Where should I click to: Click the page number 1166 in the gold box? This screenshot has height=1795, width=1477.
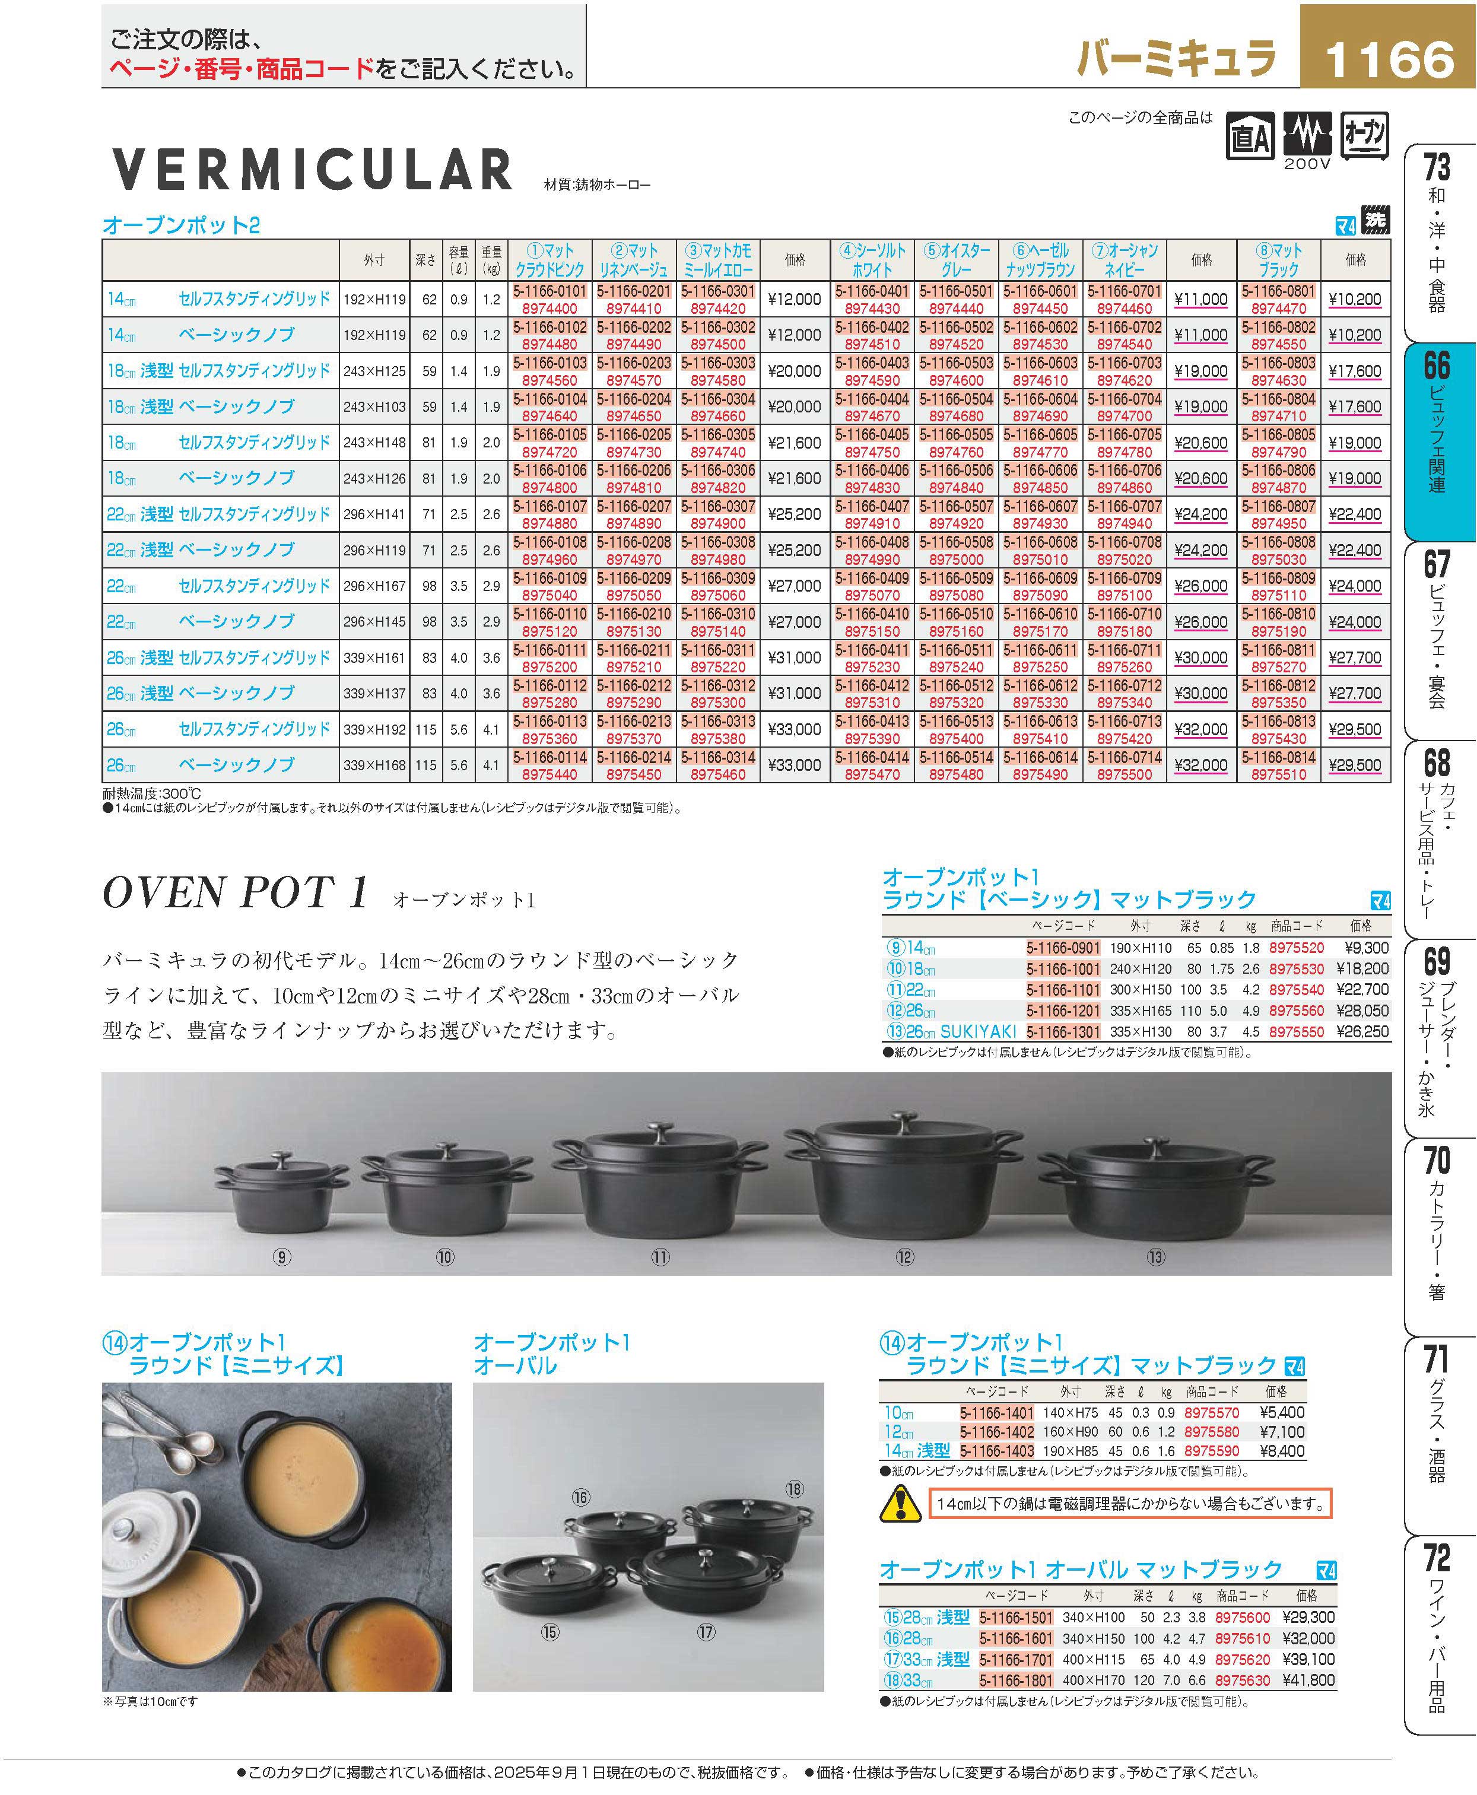point(1389,57)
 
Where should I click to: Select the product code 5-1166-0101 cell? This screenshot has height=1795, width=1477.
point(549,291)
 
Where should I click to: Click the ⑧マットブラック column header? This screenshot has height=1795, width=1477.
point(1279,259)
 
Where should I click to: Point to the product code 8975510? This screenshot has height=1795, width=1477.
point(1279,774)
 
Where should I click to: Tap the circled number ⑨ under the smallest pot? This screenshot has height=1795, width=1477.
point(282,1257)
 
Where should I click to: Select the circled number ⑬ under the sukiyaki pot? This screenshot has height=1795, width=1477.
point(1155,1257)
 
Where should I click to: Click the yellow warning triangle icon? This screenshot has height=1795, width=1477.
point(899,1504)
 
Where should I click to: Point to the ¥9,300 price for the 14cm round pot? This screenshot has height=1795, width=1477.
point(1362,948)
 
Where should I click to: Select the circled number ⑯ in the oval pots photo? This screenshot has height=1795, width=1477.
point(581,1497)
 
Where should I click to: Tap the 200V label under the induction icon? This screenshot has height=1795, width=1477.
point(1306,163)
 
